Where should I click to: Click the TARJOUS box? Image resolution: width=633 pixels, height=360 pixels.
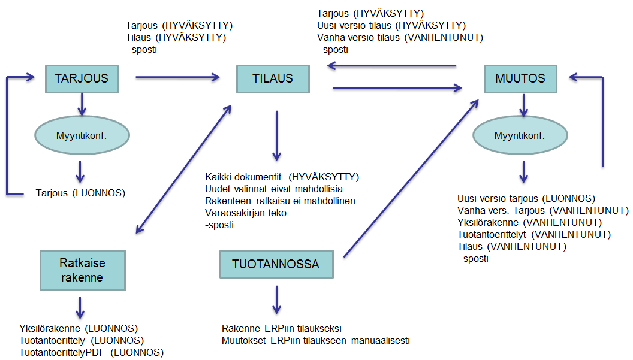pos(81,78)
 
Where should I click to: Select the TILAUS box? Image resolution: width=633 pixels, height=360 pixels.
pos(273,78)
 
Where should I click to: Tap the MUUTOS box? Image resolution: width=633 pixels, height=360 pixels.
pos(520,78)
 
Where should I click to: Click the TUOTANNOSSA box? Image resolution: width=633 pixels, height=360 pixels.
pos(276,264)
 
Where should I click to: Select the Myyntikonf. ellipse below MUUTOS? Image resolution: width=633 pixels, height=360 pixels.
pos(520,136)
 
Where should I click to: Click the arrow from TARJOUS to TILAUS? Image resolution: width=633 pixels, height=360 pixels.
pos(177,77)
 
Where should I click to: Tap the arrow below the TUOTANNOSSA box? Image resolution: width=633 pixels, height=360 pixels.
pos(276,299)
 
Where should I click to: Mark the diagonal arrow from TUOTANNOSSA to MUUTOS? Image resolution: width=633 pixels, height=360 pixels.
pos(411,179)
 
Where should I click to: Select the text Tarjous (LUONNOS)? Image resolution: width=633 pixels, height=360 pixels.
pos(80,193)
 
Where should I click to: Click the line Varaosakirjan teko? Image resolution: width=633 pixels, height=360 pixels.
pos(246,213)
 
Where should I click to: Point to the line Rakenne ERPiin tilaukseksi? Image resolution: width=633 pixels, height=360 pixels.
pos(281,329)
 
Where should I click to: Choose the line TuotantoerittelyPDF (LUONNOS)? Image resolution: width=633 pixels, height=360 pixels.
pos(92,352)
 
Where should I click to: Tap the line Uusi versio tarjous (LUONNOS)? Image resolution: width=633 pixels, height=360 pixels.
pos(526,198)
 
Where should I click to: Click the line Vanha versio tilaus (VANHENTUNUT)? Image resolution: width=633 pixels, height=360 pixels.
pos(400,37)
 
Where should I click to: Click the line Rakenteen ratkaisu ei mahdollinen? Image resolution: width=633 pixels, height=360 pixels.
pos(280,201)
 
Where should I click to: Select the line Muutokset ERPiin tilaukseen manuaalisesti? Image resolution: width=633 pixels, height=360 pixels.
pos(315,340)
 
